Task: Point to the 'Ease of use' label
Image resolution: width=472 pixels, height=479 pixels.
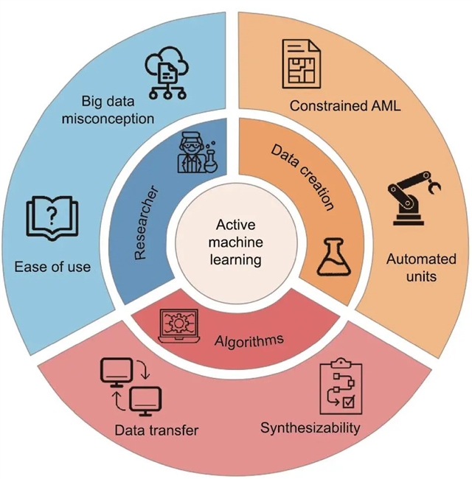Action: pos(52,265)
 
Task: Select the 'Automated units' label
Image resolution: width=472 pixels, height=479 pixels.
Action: pos(421,268)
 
